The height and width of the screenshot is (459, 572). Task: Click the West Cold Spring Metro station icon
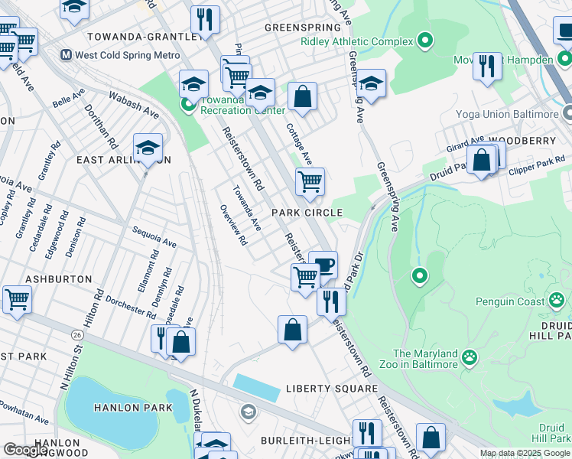[x=66, y=56]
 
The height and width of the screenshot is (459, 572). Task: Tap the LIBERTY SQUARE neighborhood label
[x=322, y=389]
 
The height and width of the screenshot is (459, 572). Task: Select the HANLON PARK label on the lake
[x=134, y=408]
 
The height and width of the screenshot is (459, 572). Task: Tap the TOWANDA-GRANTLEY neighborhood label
[x=135, y=36]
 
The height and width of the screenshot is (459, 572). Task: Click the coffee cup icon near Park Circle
[x=323, y=265]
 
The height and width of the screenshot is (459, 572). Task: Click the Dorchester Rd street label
[x=131, y=306]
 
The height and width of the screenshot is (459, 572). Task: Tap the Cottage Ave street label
[x=299, y=143]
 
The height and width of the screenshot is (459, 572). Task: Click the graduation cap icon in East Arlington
[x=148, y=148]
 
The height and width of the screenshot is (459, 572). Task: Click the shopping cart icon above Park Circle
[x=310, y=182]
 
